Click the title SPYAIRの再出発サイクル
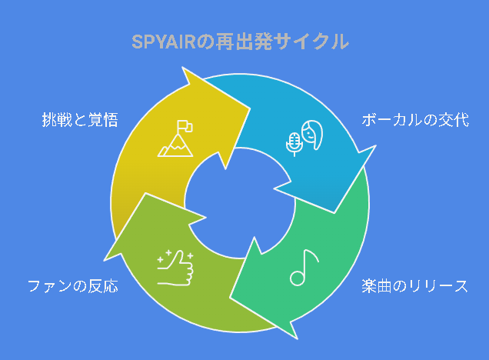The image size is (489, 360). click(x=240, y=42)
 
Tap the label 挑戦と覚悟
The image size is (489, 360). click(x=80, y=120)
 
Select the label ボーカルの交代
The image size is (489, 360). click(x=415, y=120)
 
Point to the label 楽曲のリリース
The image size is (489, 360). click(x=414, y=285)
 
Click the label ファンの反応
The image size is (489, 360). click(x=73, y=285)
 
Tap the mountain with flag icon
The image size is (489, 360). click(x=175, y=138)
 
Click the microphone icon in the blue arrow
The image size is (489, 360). click(x=294, y=144)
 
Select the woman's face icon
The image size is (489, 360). click(x=312, y=135)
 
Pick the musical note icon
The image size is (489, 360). click(x=304, y=268)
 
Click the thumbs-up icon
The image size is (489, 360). click(x=175, y=268)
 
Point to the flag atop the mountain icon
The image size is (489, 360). click(x=185, y=126)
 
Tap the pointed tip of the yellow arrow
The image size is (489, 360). click(x=250, y=108)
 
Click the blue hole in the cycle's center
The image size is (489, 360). click(x=240, y=203)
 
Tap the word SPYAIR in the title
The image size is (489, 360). click(x=164, y=42)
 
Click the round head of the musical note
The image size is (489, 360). click(x=298, y=278)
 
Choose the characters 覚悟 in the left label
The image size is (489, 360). click(x=103, y=120)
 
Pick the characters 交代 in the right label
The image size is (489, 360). click(x=454, y=120)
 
